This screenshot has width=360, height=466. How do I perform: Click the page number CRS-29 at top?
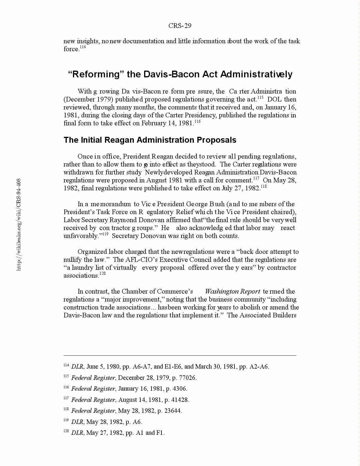click(x=180, y=26)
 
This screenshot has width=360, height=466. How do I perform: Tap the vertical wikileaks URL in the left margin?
click(x=19, y=224)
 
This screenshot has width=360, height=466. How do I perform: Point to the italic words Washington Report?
click(x=232, y=292)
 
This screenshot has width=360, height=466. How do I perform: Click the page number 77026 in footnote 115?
click(x=187, y=378)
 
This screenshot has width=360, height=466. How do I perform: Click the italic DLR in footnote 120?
click(x=77, y=433)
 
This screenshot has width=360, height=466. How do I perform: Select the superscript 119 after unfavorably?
click(x=105, y=234)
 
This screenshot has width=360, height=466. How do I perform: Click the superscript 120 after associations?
click(x=102, y=274)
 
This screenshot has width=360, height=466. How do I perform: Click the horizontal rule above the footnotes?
click(x=180, y=355)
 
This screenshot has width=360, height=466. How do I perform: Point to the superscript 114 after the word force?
click(x=83, y=47)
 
